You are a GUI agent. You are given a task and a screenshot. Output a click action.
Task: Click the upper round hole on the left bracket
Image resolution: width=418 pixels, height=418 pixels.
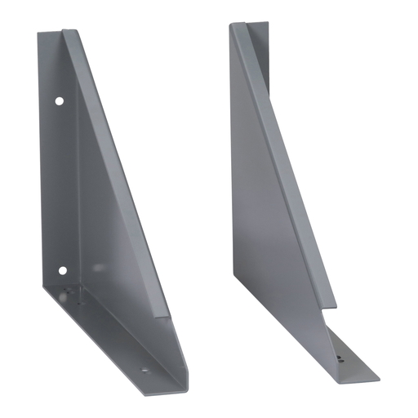(59, 101)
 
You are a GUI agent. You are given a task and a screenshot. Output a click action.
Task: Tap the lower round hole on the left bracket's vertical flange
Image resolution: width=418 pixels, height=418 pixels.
(61, 269)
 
